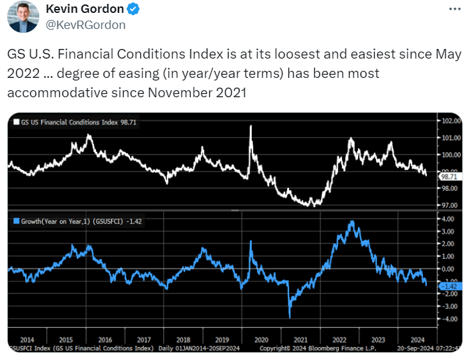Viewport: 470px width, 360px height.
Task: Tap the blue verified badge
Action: (132, 9)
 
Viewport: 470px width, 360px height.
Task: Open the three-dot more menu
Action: (454, 9)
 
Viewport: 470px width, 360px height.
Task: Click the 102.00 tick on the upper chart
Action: (449, 121)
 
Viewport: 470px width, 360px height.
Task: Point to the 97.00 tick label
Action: (449, 205)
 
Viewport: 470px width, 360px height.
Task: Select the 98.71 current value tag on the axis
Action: (448, 176)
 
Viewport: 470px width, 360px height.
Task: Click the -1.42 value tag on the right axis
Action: (448, 285)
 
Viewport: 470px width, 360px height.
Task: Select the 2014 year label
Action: (27, 339)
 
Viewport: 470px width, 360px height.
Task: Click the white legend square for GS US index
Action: (15, 122)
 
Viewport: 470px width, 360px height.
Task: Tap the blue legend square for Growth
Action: (15, 221)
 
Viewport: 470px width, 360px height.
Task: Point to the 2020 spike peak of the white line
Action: (250, 126)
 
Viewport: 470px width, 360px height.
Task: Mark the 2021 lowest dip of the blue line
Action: (290, 316)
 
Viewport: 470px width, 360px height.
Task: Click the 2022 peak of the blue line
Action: (351, 222)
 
